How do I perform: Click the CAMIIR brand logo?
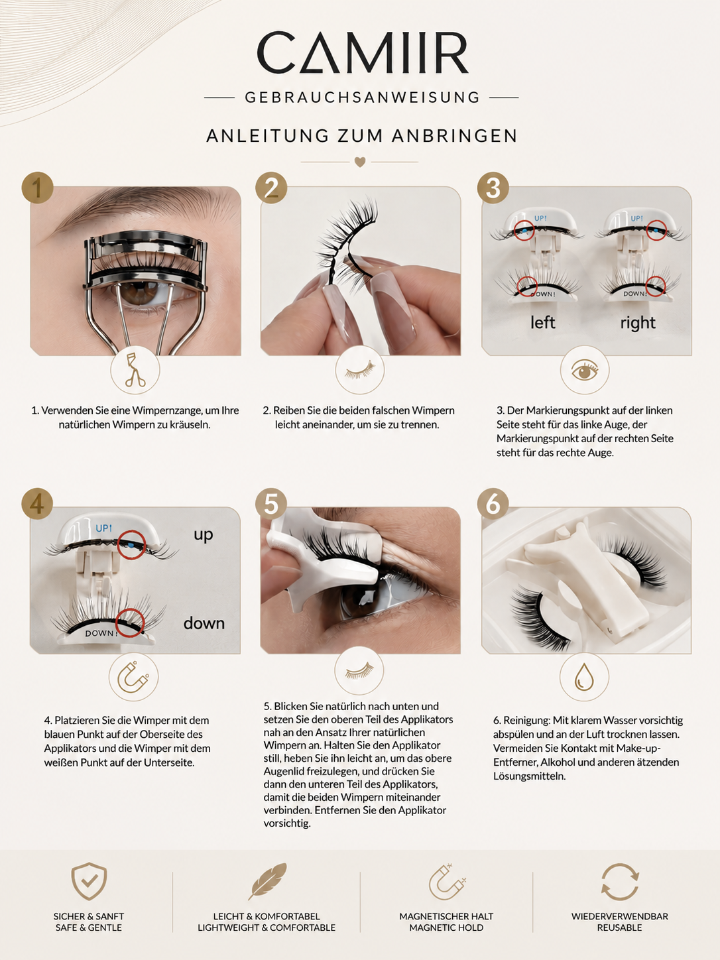pyautogui.click(x=363, y=52)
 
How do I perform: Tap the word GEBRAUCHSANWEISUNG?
pyautogui.click(x=363, y=97)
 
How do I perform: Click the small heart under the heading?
pyautogui.click(x=360, y=162)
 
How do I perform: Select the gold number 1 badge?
pyautogui.click(x=38, y=187)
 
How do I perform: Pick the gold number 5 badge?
pyautogui.click(x=271, y=503)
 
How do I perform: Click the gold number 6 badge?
pyautogui.click(x=493, y=503)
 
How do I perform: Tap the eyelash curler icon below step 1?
pyautogui.click(x=135, y=370)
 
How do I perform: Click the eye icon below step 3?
pyautogui.click(x=585, y=371)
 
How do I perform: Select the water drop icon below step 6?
pyautogui.click(x=584, y=677)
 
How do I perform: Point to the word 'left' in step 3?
pyautogui.click(x=542, y=323)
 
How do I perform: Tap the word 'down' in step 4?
pyautogui.click(x=204, y=623)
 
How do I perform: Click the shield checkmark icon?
pyautogui.click(x=89, y=881)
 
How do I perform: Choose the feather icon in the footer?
pyautogui.click(x=268, y=881)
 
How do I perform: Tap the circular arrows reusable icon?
pyautogui.click(x=619, y=882)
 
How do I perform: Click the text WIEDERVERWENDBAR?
pyautogui.click(x=619, y=916)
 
